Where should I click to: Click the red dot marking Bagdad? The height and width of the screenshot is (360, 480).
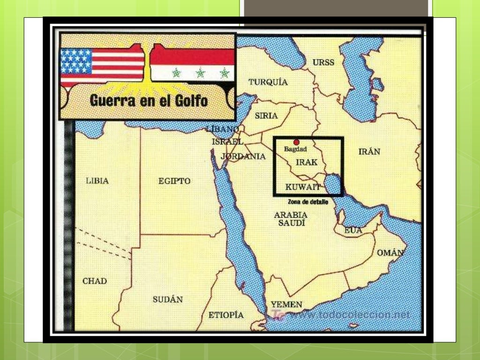[296, 142]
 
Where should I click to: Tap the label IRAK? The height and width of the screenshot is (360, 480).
[307, 162]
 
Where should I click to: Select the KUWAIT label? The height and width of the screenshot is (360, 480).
[303, 187]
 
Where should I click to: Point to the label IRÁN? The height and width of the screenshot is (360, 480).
[369, 151]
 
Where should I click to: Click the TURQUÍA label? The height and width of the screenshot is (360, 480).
[268, 82]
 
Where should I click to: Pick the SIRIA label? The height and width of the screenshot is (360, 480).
[266, 115]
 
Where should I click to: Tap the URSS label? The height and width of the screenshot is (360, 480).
[323, 62]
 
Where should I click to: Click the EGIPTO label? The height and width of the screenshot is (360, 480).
[174, 181]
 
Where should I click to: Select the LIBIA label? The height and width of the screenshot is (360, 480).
[97, 180]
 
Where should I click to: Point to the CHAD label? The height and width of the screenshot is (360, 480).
[95, 281]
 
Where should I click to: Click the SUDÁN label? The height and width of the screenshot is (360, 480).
[167, 299]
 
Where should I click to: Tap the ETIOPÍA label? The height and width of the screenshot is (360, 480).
[226, 315]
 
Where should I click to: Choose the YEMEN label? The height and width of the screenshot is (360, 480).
[286, 304]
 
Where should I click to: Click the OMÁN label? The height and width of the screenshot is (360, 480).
[390, 253]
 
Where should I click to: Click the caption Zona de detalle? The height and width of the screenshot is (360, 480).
[305, 202]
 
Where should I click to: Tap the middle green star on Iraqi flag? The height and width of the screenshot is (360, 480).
[200, 73]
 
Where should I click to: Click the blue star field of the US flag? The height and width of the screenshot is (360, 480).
[76, 61]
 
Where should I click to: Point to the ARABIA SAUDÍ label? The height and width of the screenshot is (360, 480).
[292, 219]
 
